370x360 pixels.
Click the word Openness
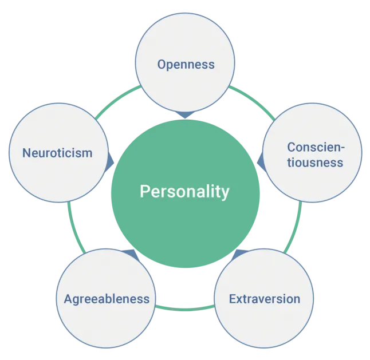pos(186,64)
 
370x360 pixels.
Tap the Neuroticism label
pos(57,153)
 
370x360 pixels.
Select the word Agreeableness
pos(107,299)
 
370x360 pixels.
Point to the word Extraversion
pos(265,299)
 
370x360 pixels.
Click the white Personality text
pos(184,192)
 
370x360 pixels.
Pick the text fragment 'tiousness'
pos(315,163)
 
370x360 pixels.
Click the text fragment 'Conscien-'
pos(316,147)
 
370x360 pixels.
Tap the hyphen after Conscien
pos(343,148)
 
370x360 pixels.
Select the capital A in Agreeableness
pos(68,299)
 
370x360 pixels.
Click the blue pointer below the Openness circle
pos(185,114)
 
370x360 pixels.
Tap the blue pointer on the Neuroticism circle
pos(110,162)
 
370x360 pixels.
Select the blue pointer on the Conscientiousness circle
pos(261,162)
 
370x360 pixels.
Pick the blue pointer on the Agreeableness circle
pos(131,254)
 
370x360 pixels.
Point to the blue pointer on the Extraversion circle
pos(239,254)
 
